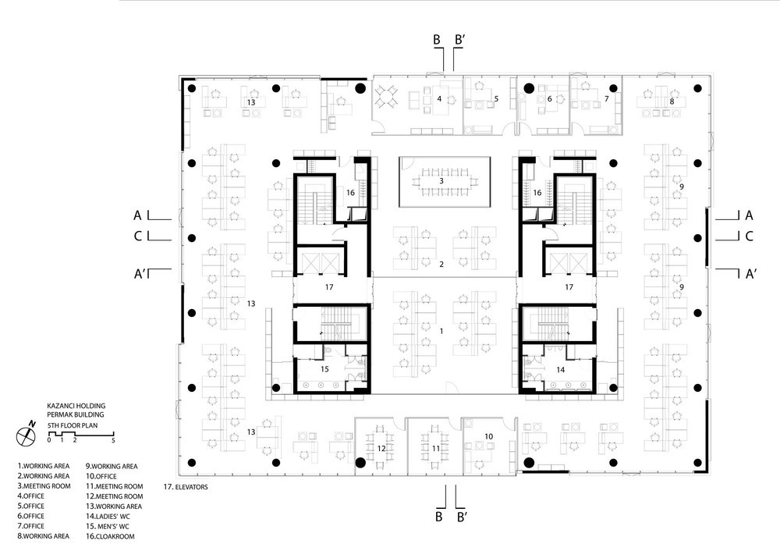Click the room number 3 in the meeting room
441,181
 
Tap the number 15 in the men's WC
324,369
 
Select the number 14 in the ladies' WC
561,369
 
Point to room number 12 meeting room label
381,449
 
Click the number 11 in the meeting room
436,449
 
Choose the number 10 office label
488,436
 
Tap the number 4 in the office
439,98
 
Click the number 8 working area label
672,101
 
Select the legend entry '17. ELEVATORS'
186,487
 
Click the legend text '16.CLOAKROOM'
110,536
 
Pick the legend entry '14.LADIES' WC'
108,516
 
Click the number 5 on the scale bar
113,440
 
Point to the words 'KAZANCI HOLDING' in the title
76,406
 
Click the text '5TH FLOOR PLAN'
73,425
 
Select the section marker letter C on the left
138,236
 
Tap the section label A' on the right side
751,274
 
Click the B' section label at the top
460,40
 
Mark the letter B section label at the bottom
438,517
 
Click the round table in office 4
387,95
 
